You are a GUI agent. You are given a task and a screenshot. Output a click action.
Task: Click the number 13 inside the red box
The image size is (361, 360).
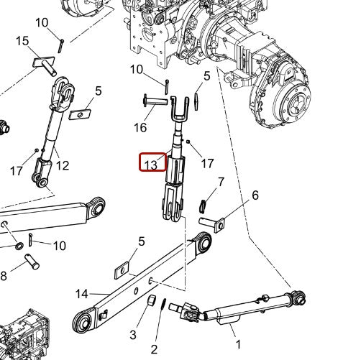point(151,165)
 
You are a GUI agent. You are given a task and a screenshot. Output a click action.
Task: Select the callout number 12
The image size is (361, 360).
point(63,166)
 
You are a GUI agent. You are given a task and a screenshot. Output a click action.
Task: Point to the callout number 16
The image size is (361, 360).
point(140,127)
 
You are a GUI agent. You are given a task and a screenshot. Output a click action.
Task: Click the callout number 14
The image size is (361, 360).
point(81,293)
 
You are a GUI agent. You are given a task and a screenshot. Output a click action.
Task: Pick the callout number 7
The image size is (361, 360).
point(221,182)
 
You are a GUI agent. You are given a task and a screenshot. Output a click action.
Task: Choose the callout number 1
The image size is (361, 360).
point(238,344)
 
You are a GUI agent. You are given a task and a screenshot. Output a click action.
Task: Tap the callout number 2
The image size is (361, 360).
point(154,349)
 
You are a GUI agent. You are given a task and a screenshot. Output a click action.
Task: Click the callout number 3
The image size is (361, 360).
point(132,335)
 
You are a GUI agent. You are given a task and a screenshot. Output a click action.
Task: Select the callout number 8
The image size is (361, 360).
point(3,275)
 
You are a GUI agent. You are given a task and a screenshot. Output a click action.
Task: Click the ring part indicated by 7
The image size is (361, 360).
point(204,206)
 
